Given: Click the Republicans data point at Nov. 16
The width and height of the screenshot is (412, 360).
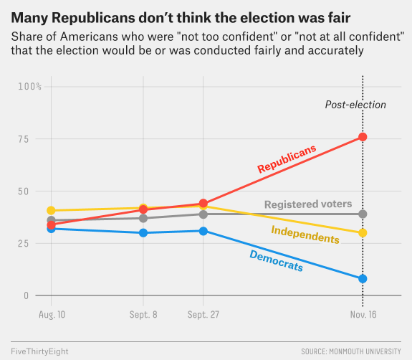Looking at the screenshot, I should point(363,137).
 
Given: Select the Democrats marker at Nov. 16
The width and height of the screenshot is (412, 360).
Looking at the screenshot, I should point(363,279).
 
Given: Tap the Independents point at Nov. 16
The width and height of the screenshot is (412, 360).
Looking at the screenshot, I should point(363,233).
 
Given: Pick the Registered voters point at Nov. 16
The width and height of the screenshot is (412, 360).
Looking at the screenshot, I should point(363,214).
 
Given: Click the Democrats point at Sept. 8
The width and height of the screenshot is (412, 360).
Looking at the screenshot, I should point(143,233).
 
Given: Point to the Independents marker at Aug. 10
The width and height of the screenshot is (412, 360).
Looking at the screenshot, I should point(51,211).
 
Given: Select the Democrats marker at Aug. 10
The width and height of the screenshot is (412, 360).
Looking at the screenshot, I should point(51,229).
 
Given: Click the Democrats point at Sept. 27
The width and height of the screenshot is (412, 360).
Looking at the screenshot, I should point(203,231).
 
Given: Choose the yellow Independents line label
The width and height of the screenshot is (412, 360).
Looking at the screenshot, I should point(305,234).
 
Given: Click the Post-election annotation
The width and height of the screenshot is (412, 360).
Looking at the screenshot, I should point(355,105).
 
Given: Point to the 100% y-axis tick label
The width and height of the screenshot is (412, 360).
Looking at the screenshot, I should point(30,86).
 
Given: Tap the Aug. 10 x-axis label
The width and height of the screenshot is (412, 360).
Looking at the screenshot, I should point(51,315).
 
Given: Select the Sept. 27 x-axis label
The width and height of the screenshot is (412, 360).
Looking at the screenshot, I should point(203,315).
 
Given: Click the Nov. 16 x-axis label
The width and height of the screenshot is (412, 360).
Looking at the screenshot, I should point(363,315).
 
